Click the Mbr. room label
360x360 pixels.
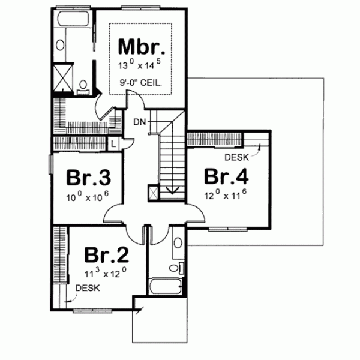click(141, 46)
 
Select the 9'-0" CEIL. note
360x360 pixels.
click(141, 83)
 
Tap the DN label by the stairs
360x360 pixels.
click(140, 122)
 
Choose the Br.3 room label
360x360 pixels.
click(88, 178)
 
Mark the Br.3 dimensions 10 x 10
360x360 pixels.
click(88, 196)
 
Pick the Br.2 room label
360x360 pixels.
click(106, 254)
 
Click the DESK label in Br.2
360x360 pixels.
click(88, 288)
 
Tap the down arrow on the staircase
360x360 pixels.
click(173, 191)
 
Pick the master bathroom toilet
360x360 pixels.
click(84, 84)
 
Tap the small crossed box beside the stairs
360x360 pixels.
click(153, 193)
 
